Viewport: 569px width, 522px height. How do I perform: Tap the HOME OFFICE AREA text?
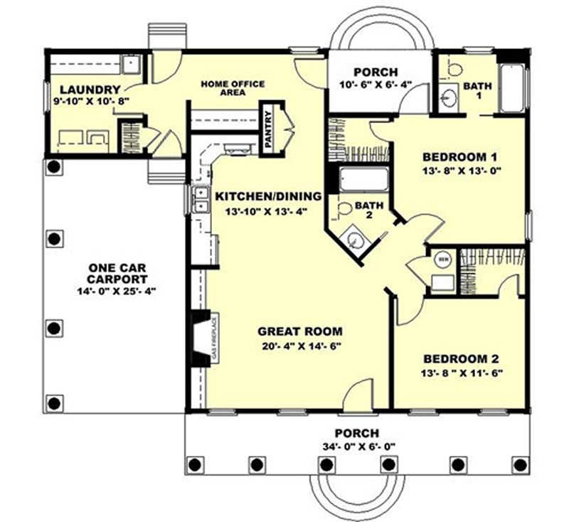click(233, 88)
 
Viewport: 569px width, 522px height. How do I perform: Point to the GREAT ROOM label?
click(299, 331)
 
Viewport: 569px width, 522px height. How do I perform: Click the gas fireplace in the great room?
click(203, 338)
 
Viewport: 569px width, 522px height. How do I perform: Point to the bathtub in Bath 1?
click(512, 89)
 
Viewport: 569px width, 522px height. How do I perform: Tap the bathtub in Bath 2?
click(364, 179)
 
